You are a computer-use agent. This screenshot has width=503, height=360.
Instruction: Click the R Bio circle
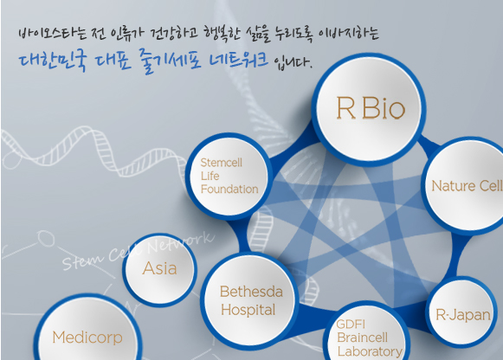369,110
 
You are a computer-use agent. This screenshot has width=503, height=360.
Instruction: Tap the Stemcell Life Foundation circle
229,177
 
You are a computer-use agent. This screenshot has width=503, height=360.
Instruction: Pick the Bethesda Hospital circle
249,300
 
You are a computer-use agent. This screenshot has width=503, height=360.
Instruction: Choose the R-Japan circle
461,312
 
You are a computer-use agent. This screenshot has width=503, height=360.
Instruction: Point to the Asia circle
160,268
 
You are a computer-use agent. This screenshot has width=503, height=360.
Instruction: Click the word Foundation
229,190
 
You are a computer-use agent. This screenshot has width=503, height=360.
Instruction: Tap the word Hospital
248,310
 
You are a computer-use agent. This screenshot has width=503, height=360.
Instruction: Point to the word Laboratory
370,351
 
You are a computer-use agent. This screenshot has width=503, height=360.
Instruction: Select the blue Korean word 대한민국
53,61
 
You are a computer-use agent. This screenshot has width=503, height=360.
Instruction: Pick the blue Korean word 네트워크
238,60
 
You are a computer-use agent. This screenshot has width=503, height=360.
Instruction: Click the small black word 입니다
293,62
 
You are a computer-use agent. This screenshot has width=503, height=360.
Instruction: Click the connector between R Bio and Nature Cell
429,143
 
